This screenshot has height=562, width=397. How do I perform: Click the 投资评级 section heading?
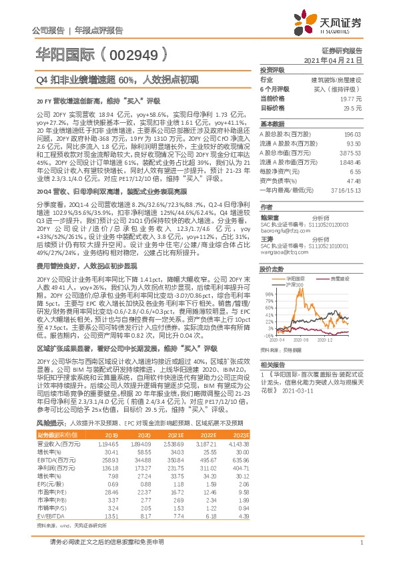tap(272, 69)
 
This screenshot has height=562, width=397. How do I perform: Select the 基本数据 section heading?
tap(272, 125)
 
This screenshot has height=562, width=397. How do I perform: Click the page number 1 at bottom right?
tap(361, 543)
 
